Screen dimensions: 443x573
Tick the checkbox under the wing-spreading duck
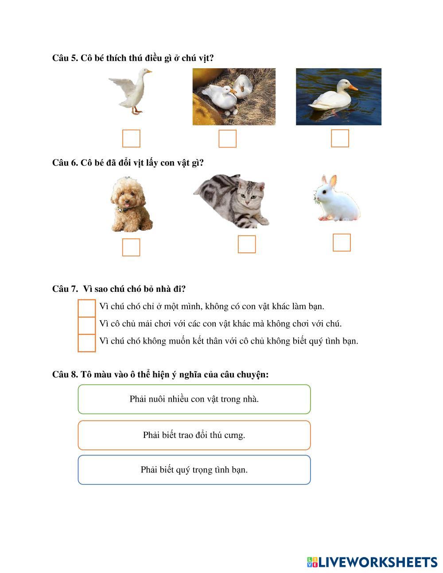tap(131, 138)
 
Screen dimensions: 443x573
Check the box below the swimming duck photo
tap(340, 138)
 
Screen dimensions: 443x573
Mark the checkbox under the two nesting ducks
tap(227, 139)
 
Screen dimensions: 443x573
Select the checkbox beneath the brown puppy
tap(131, 247)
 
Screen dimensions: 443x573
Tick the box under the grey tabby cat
tap(247, 244)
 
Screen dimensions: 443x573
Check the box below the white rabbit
tap(342, 242)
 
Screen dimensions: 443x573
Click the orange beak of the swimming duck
tap(354, 88)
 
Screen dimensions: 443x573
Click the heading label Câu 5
tap(65, 58)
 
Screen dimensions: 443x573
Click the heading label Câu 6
tap(65, 163)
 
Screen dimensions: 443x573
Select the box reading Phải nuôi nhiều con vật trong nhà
tap(194, 399)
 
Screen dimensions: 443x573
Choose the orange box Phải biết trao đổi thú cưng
tap(194, 435)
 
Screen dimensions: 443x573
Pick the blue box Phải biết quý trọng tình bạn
tap(194, 470)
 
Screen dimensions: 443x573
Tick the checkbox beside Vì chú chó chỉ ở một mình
tap(87, 308)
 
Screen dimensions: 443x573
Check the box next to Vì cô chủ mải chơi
tap(87, 325)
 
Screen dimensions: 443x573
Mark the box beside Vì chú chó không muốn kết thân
tap(87, 343)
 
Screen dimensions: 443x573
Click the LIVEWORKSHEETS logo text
tap(378, 562)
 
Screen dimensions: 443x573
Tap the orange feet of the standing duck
tap(136, 111)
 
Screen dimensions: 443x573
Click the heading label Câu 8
tap(65, 374)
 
